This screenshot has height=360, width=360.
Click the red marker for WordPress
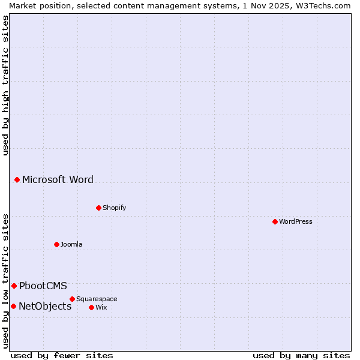275,221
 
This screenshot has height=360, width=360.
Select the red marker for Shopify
98,208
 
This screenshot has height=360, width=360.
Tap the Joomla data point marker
56,244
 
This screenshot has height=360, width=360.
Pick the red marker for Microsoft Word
17,179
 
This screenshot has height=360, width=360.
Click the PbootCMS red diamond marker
14,286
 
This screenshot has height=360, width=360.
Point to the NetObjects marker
13,306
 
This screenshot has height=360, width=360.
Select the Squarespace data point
72,299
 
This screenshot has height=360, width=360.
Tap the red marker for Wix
91,307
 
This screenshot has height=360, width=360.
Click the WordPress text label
296,221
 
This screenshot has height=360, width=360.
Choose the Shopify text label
114,208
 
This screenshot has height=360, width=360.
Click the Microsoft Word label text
58,179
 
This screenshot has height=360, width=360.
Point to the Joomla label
71,244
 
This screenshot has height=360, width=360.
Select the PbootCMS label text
43,286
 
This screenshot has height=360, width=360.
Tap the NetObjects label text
45,306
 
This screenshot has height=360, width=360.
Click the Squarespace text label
97,299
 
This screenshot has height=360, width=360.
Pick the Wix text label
101,307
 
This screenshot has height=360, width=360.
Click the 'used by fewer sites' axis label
62,355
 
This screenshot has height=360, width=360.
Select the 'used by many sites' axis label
301,355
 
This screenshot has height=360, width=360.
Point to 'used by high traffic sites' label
5,85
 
